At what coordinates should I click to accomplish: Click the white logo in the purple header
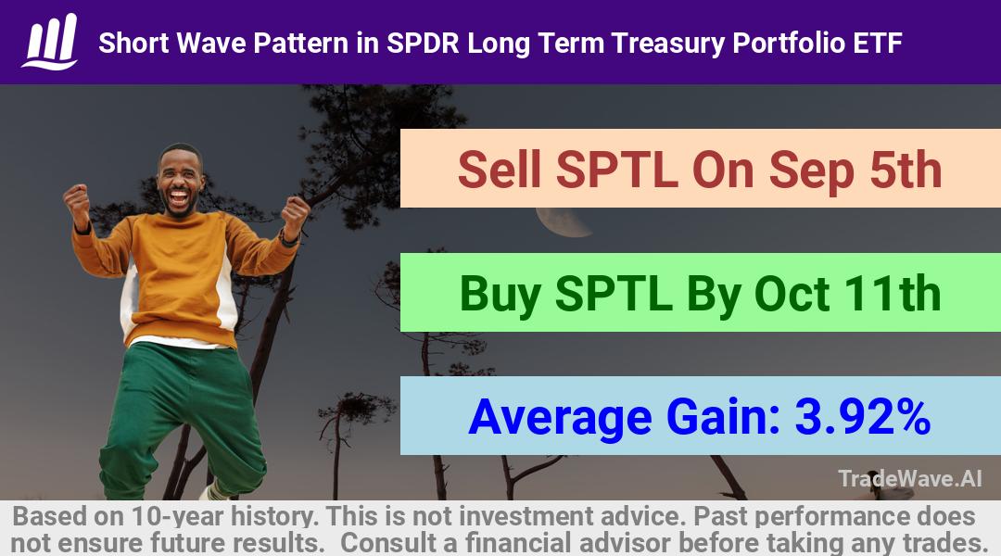click(x=50, y=42)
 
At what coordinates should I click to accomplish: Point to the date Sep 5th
click(x=855, y=171)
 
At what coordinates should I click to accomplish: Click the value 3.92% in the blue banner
click(x=863, y=417)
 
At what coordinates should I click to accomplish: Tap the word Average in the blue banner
click(x=560, y=419)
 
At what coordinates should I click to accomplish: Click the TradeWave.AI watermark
click(x=910, y=478)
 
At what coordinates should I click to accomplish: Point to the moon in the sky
click(x=562, y=222)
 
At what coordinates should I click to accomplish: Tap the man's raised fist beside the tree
click(x=295, y=215)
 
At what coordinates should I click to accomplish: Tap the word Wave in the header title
click(x=210, y=44)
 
